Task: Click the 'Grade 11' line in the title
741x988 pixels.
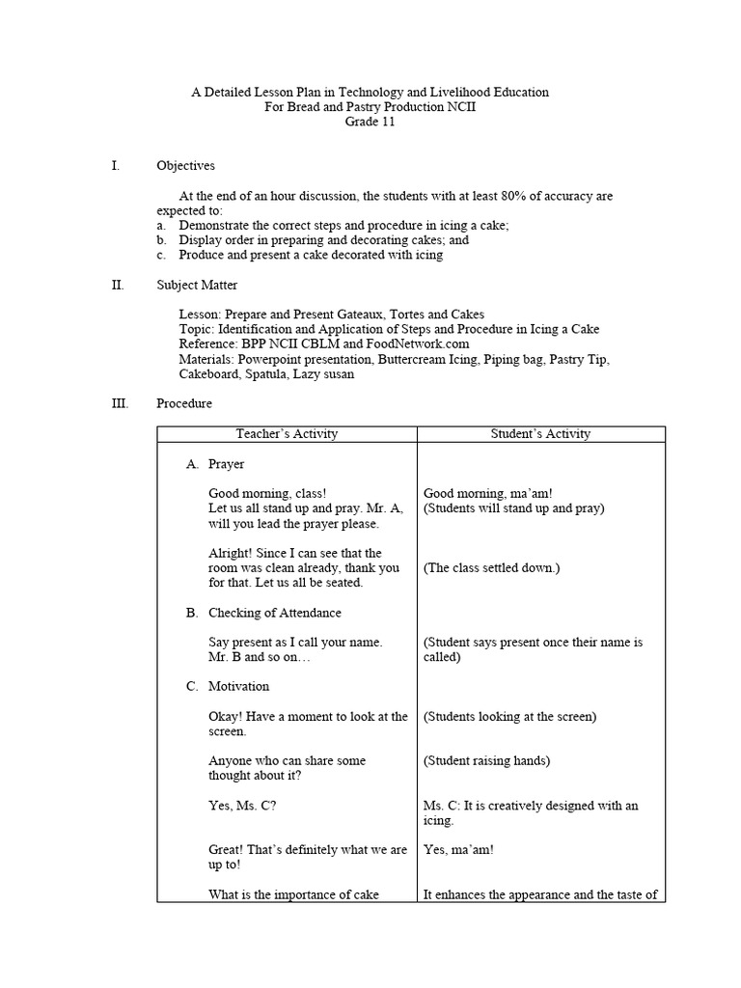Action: [370, 122]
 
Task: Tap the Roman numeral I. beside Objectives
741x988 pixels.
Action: [116, 166]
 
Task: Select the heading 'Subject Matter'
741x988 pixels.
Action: [197, 285]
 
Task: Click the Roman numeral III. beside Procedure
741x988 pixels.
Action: [121, 403]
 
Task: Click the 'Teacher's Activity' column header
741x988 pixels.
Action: [287, 434]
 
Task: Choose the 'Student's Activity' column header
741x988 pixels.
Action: [540, 434]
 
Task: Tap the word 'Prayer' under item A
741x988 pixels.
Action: [226, 464]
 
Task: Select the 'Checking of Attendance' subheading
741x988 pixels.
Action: [274, 613]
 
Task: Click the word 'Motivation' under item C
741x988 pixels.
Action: [238, 686]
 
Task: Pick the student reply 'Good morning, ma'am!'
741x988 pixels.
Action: [487, 494]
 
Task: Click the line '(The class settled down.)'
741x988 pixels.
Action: [491, 568]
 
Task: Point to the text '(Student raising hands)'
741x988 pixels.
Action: [486, 760]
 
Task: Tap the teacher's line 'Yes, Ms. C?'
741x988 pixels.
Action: [242, 806]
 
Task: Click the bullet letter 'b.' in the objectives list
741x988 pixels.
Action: [162, 240]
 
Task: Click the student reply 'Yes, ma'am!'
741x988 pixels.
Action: [458, 850]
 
